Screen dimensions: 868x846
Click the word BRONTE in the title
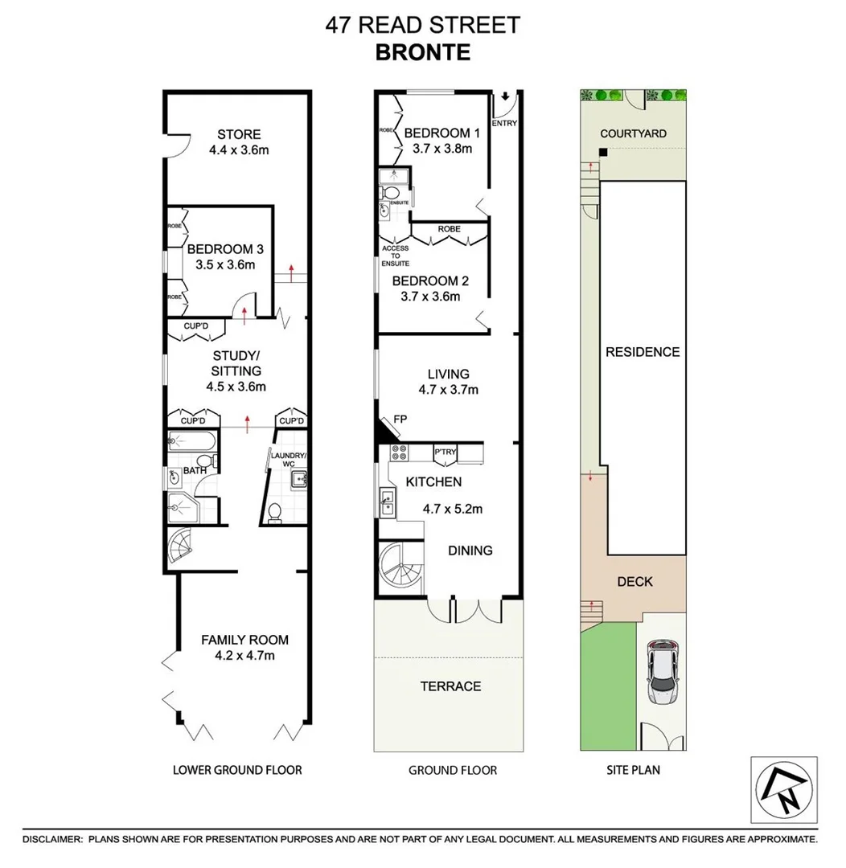click(422, 52)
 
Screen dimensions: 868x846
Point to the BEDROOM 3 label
click(220, 249)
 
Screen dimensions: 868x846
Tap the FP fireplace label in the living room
click(399, 419)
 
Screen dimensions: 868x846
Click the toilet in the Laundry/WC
click(274, 511)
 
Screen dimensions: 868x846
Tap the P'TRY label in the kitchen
click(445, 452)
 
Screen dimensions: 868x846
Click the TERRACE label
click(450, 686)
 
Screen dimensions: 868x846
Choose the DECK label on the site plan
click(635, 581)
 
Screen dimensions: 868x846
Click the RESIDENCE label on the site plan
click(643, 352)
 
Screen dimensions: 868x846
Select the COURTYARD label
click(633, 133)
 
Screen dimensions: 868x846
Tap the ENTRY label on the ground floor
click(504, 123)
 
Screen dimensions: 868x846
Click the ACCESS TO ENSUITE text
click(396, 256)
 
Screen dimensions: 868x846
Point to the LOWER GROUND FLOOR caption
click(237, 770)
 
